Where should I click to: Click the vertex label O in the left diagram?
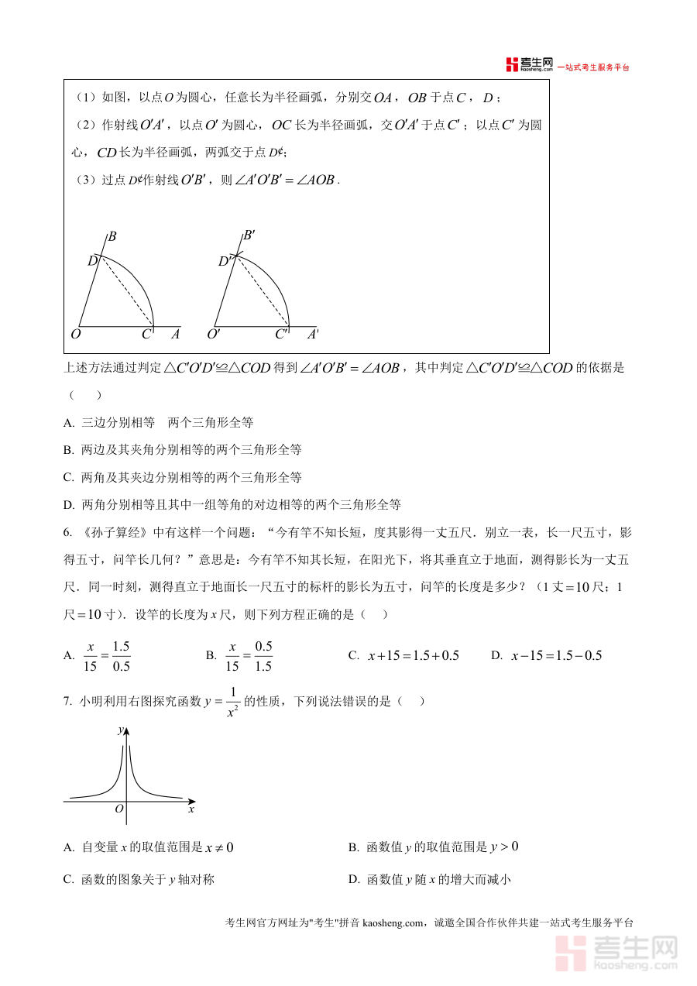coord(76,335)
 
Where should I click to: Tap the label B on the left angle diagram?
coord(112,235)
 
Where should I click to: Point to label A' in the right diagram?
coord(313,335)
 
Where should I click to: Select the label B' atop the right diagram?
coord(249,235)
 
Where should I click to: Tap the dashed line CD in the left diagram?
coord(125,292)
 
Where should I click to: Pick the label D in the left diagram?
coord(91,261)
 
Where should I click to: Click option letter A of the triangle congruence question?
coord(69,423)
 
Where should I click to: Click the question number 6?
coord(67,533)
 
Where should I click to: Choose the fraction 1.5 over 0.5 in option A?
coord(121,655)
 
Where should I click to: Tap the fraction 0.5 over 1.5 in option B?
coord(263,655)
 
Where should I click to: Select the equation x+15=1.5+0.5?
coord(414,655)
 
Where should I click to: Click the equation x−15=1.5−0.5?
coord(556,655)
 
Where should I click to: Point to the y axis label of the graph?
coord(120,730)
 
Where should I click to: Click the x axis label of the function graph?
coord(191,809)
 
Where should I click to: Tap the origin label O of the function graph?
coord(118,809)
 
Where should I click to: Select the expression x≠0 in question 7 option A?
coord(219,847)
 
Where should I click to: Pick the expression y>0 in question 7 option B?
coord(504,847)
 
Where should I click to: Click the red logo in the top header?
coord(512,65)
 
